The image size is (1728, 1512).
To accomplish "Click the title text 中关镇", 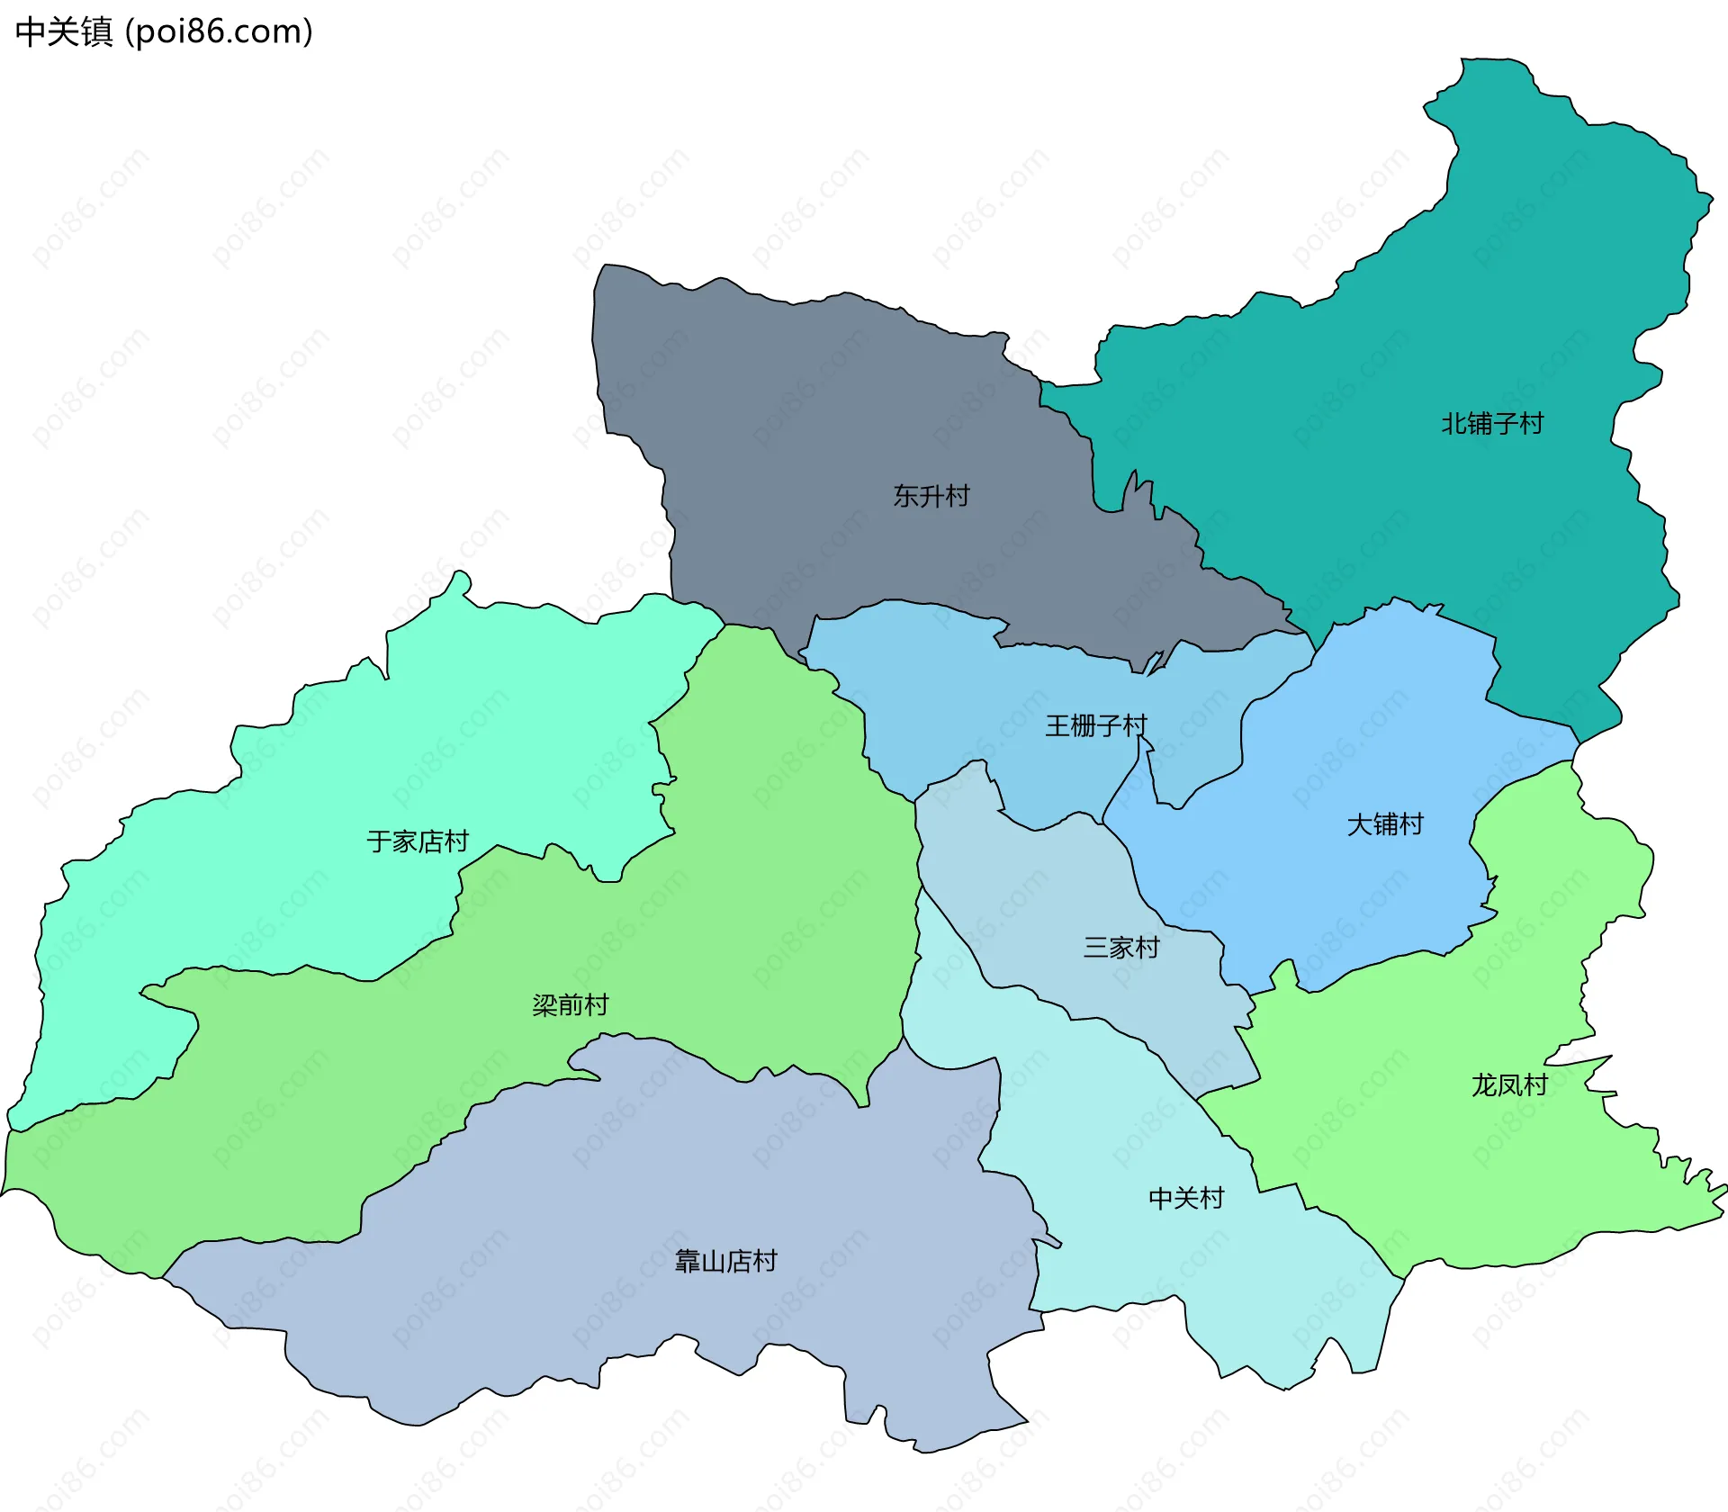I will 64,32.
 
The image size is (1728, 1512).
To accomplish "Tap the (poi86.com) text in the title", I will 219,32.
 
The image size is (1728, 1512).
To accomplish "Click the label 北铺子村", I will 1491,423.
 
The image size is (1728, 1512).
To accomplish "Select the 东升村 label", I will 931,496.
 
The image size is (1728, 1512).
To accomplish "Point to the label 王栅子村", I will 1095,725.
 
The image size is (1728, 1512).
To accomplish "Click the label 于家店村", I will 418,841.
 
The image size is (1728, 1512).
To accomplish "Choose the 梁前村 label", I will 570,1004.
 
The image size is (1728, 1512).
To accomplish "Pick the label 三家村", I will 1120,947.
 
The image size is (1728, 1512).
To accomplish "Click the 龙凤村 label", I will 1508,1085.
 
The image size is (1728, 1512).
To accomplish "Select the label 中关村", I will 1185,1198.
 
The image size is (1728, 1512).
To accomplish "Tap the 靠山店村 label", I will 725,1261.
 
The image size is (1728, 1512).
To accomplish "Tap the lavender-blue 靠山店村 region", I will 630,1188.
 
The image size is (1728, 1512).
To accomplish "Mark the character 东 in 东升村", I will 905,496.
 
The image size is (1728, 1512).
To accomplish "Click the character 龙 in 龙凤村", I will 1483,1085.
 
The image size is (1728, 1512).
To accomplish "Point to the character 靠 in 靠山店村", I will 688,1261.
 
